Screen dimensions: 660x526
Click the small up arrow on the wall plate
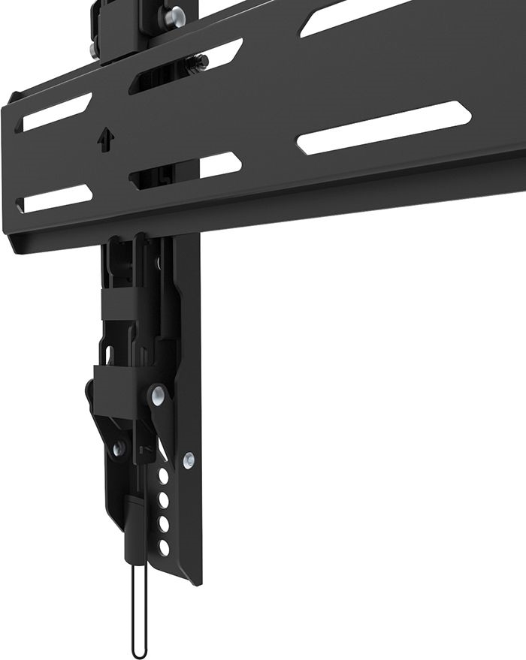coord(104,140)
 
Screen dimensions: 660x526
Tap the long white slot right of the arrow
coord(384,128)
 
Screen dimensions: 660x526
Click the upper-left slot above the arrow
coord(56,111)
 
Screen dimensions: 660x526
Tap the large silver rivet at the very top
coord(175,14)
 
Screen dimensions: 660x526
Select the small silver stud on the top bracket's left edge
coord(92,50)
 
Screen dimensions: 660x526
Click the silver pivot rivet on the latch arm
coord(157,393)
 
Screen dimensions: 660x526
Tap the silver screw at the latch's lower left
coord(119,448)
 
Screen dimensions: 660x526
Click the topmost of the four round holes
coord(163,476)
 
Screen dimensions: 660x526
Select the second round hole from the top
coord(164,498)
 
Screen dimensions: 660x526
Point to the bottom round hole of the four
coord(164,546)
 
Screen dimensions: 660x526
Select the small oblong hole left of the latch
coord(108,353)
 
